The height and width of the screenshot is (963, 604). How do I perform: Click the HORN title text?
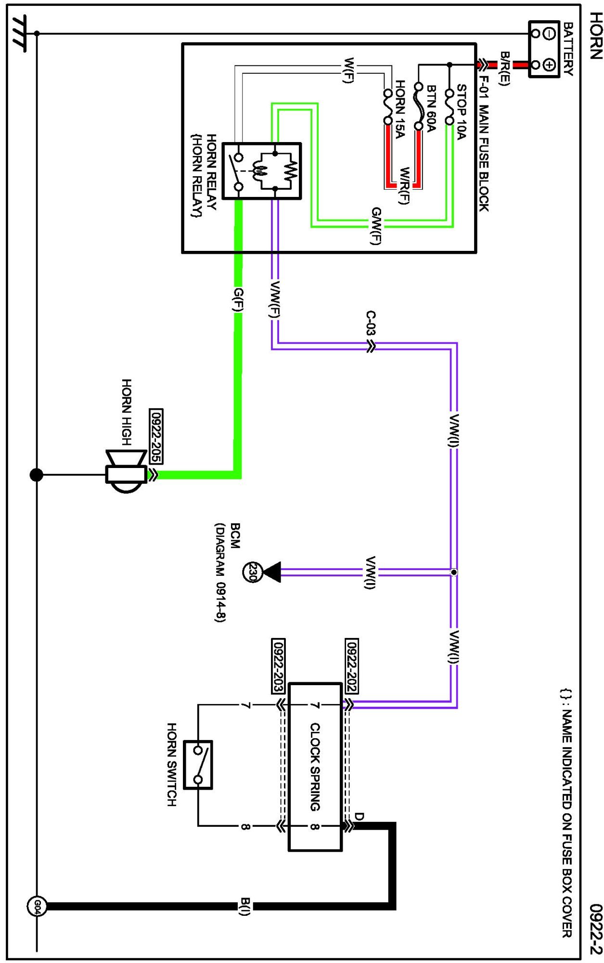(596, 36)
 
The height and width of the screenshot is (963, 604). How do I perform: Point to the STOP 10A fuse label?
(461, 112)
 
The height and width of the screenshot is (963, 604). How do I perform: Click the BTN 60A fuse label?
(431, 108)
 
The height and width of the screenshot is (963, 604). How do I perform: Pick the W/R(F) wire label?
(404, 186)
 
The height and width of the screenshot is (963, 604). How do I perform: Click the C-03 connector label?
(370, 323)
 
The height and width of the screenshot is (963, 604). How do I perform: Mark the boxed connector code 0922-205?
(156, 436)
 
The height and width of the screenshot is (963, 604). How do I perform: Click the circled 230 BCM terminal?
(252, 572)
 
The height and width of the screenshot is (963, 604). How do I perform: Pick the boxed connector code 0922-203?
(278, 666)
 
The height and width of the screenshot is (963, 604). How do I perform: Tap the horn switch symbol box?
(198, 765)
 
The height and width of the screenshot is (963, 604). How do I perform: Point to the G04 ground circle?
(37, 907)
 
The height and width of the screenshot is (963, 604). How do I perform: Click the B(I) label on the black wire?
(245, 907)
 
